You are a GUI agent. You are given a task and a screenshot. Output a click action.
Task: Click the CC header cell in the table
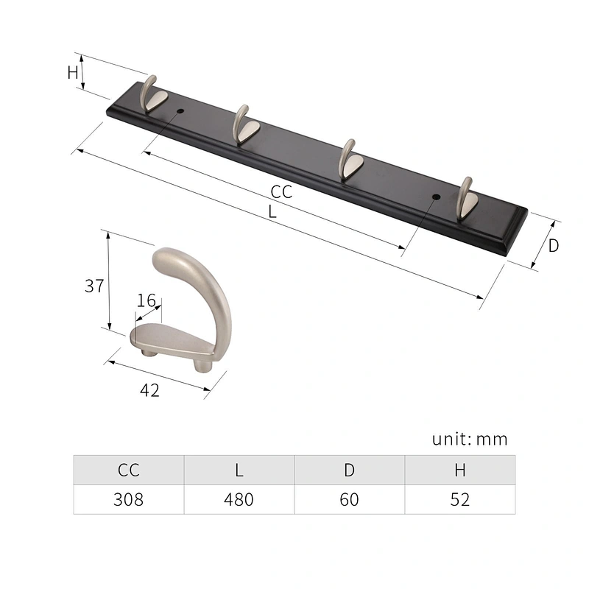pyautogui.click(x=128, y=470)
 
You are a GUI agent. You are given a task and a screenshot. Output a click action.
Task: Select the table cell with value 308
pyautogui.click(x=128, y=499)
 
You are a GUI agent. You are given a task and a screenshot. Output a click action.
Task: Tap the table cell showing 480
pyautogui.click(x=239, y=499)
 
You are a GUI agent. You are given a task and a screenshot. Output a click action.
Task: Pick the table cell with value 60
pyautogui.click(x=349, y=499)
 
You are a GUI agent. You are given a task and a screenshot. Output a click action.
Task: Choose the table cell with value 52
pyautogui.click(x=459, y=499)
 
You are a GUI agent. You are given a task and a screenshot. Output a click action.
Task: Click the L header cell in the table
pyautogui.click(x=239, y=470)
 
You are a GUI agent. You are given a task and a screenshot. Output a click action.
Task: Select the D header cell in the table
pyautogui.click(x=349, y=470)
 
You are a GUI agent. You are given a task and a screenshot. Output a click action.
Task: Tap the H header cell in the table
pyautogui.click(x=459, y=470)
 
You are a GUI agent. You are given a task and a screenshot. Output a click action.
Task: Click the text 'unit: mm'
pyautogui.click(x=470, y=440)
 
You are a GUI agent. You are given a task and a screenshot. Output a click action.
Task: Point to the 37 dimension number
pyautogui.click(x=94, y=286)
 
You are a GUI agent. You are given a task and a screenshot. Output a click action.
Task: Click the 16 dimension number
pyautogui.click(x=147, y=300)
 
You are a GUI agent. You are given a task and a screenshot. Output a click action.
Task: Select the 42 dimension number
pyautogui.click(x=149, y=390)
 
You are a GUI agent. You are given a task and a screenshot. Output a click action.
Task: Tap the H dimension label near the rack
pyautogui.click(x=72, y=72)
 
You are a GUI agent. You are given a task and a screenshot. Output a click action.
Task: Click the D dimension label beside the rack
pyautogui.click(x=553, y=246)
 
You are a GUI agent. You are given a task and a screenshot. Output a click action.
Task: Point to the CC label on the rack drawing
pyautogui.click(x=281, y=192)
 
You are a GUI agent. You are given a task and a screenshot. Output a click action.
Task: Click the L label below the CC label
pyautogui.click(x=272, y=212)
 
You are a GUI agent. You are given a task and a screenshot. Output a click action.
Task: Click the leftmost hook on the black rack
pyautogui.click(x=155, y=94)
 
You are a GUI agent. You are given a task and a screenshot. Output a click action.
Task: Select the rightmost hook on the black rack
pyautogui.click(x=466, y=199)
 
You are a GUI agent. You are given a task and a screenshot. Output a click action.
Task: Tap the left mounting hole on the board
pyautogui.click(x=180, y=112)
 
